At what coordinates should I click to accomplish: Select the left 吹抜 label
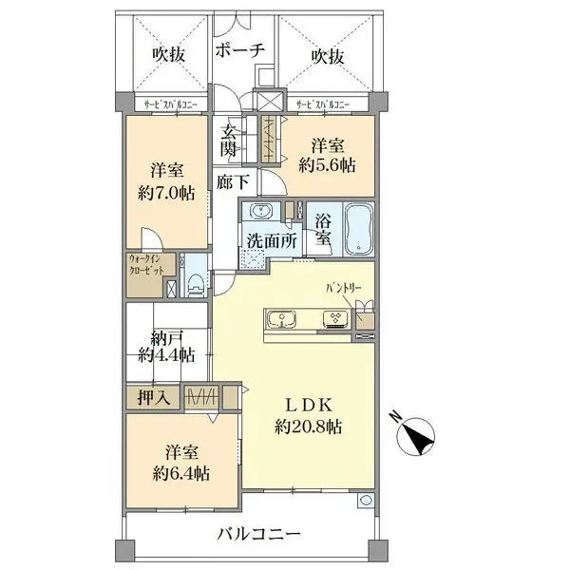point(167,55)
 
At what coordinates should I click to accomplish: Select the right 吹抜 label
point(328,55)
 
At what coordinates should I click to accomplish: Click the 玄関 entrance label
point(230,140)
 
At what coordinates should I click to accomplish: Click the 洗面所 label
point(273,241)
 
